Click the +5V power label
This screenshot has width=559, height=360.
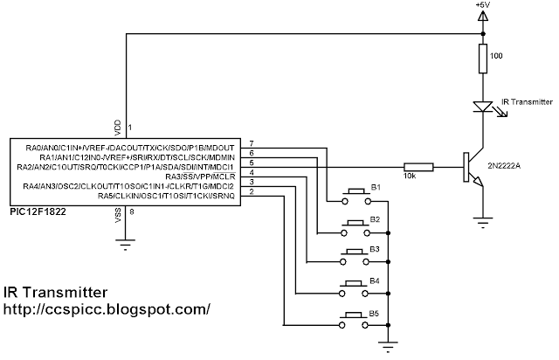coord(483,5)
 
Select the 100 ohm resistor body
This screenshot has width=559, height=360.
coord(483,59)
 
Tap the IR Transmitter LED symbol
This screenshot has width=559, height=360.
coord(483,107)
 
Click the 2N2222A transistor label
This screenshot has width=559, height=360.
coord(504,166)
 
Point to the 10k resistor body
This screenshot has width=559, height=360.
coord(418,167)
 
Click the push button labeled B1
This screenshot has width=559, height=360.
coord(356,197)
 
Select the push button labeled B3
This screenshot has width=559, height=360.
coord(355,257)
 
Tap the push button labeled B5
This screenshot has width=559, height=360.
coord(354,320)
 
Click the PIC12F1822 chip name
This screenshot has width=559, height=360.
coord(38,211)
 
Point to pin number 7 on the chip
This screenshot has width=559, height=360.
coord(252,143)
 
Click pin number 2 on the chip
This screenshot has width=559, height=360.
coord(252,191)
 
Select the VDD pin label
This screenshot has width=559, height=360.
coord(118,128)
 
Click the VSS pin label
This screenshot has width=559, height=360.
coord(118,216)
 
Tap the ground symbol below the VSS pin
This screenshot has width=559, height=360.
coord(126,245)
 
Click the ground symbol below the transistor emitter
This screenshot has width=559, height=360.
coord(483,223)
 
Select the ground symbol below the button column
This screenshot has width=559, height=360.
coord(388,347)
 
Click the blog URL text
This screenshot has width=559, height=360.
coord(107,309)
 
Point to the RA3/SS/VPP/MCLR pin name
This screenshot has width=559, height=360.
coord(200,177)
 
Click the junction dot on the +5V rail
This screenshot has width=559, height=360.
coord(483,34)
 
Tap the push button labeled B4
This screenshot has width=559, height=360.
coord(354,288)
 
